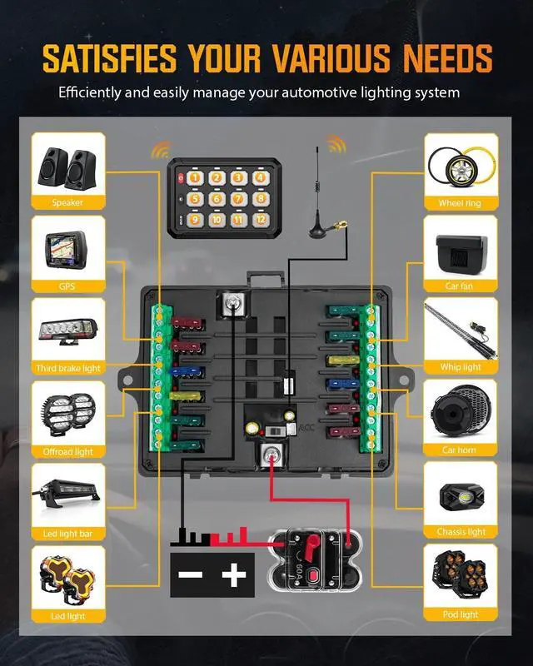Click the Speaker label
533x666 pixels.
pos(67,203)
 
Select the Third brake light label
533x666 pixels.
pos(67,368)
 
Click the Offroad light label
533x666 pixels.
pos(67,451)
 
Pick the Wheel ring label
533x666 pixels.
pos(461,203)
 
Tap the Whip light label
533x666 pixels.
pos(461,367)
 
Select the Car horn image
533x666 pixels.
pos(461,411)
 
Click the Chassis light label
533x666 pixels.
pos(461,532)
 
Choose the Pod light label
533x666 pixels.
pos(461,614)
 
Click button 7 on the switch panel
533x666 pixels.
pos(237,199)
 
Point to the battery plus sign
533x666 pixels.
pos(234,575)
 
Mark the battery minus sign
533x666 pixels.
pos(192,575)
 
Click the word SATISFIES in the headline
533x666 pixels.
pos(110,58)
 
